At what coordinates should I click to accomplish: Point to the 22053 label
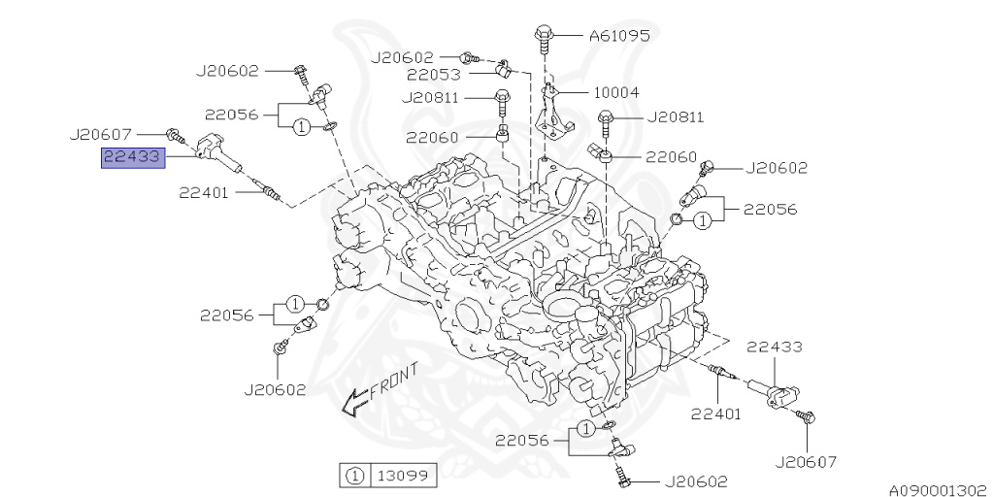point(433,74)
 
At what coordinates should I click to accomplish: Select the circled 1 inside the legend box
point(355,476)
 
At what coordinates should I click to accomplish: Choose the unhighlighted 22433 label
point(774,346)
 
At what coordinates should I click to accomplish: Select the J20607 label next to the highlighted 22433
point(103,133)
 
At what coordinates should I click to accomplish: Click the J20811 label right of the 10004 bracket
point(670,118)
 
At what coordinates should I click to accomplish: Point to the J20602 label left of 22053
point(404,57)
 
